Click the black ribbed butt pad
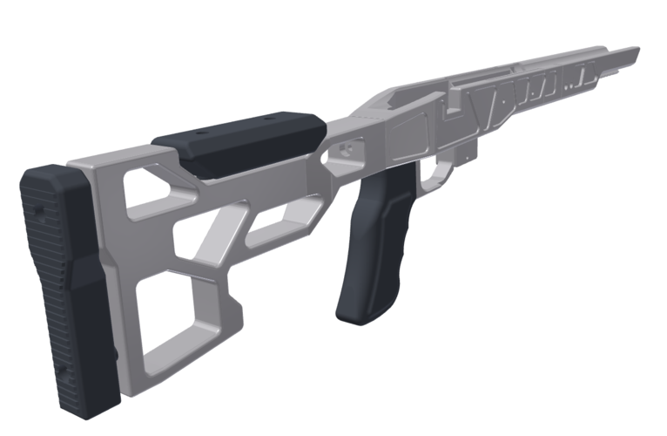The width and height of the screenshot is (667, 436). (x=65, y=288)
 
